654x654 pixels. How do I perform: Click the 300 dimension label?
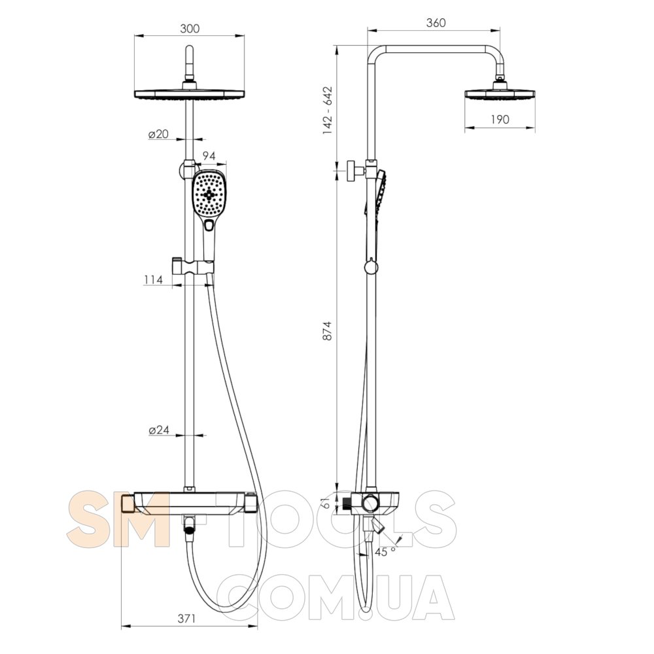[x=190, y=29]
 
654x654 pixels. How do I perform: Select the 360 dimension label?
[x=436, y=22]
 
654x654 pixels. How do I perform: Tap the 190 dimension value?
[x=500, y=120]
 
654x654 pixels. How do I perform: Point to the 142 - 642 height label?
[x=328, y=111]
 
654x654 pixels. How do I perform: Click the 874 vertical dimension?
[x=328, y=331]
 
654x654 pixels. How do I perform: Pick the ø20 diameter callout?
[x=158, y=134]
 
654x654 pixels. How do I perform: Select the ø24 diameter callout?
[x=159, y=430]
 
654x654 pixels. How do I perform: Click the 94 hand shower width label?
[x=209, y=156]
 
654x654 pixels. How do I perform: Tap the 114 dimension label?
[x=153, y=280]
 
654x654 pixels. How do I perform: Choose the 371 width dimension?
[x=186, y=619]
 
